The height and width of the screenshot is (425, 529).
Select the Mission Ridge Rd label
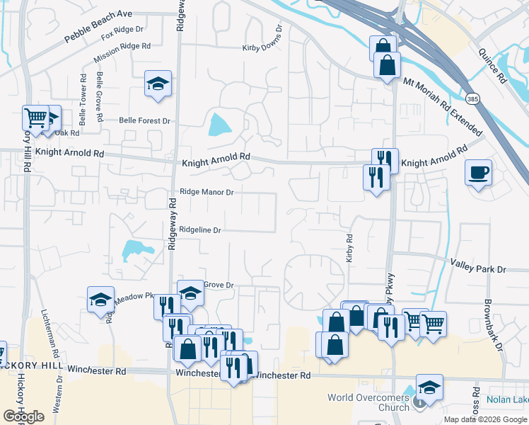point(125,46)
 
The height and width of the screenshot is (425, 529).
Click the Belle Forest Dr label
point(145,121)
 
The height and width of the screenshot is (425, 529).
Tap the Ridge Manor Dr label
point(207,191)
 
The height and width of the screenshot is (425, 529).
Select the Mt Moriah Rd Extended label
point(442,107)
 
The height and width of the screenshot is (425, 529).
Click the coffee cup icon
point(478,172)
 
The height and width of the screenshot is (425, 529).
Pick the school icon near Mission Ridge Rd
point(158,84)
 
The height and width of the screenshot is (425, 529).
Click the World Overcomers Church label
point(368,402)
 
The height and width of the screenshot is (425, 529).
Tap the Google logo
point(23,416)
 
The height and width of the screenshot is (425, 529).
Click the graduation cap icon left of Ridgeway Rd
point(101,300)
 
